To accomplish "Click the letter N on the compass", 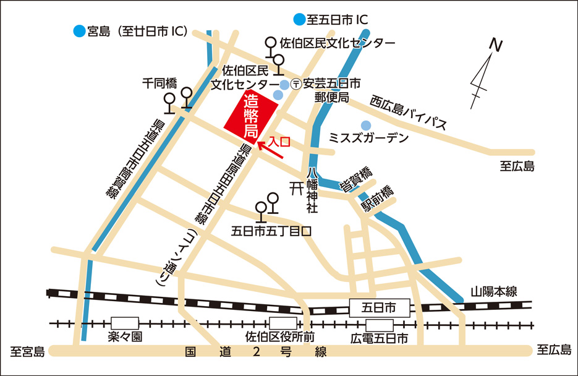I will pos(494,45).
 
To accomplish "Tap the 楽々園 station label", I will pos(125,338).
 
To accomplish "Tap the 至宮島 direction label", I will pos(27,352).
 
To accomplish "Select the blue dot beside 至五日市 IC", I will pos(300,19).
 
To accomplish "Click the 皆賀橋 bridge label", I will pos(357,179).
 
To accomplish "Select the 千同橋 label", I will pos(160,82).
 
